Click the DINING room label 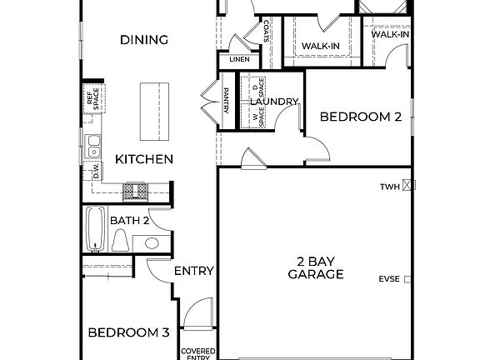144,40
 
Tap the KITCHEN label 144,159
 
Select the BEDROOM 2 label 361,117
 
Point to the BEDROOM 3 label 129,332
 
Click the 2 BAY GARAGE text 316,267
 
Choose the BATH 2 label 129,221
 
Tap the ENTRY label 194,271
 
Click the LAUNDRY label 274,102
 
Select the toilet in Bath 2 121,242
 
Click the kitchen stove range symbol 135,192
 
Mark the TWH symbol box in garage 407,187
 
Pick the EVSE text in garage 389,278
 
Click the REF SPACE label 91,98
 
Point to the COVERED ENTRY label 198,353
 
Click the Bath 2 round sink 151,243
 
